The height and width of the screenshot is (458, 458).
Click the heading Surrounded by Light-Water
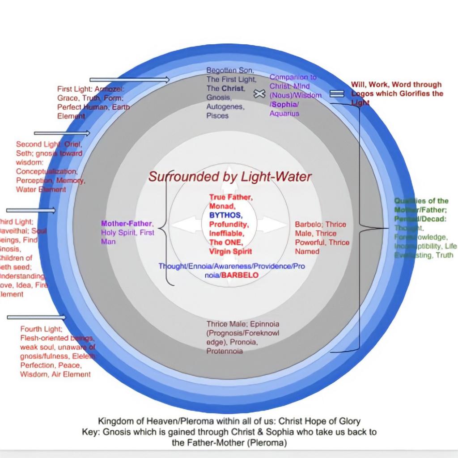[230, 177]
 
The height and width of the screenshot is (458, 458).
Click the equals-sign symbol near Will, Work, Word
[337, 93]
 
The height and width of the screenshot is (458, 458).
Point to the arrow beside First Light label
[129, 80]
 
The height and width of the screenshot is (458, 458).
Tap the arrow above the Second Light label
[62, 133]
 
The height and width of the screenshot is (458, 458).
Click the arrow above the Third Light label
[31, 211]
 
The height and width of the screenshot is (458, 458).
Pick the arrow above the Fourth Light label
[36, 318]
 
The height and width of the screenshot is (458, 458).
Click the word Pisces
[217, 116]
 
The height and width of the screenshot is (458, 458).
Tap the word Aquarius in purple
[284, 113]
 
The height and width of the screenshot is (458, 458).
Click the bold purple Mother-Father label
[127, 223]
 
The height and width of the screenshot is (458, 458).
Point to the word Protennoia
[225, 351]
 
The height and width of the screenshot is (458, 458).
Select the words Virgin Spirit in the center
[230, 251]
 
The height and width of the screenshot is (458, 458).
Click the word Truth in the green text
[444, 255]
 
